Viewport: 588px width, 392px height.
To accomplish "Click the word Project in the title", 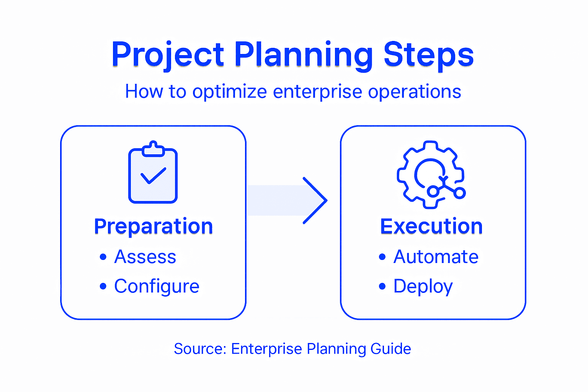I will click(167, 55).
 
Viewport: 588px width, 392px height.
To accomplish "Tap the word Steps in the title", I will click(428, 55).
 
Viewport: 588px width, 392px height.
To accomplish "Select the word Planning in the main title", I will click(303, 55).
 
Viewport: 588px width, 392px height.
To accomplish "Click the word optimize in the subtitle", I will click(230, 92).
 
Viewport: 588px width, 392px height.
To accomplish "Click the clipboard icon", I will click(153, 174).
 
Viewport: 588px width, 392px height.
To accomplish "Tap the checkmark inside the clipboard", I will click(153, 176).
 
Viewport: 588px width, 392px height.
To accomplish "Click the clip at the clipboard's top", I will click(153, 149).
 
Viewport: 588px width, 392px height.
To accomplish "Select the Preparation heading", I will click(154, 226).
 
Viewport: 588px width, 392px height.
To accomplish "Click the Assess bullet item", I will click(145, 257).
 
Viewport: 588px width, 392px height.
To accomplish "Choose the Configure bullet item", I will click(157, 286).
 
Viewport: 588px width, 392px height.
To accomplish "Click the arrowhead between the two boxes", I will click(315, 200).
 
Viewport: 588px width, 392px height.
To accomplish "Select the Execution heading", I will click(431, 226).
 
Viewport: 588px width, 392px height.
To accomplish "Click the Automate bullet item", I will click(436, 257).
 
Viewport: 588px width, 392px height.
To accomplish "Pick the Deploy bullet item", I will click(423, 286).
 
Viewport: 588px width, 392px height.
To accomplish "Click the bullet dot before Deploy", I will click(382, 286).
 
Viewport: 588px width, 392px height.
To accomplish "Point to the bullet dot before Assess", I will click(103, 257).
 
